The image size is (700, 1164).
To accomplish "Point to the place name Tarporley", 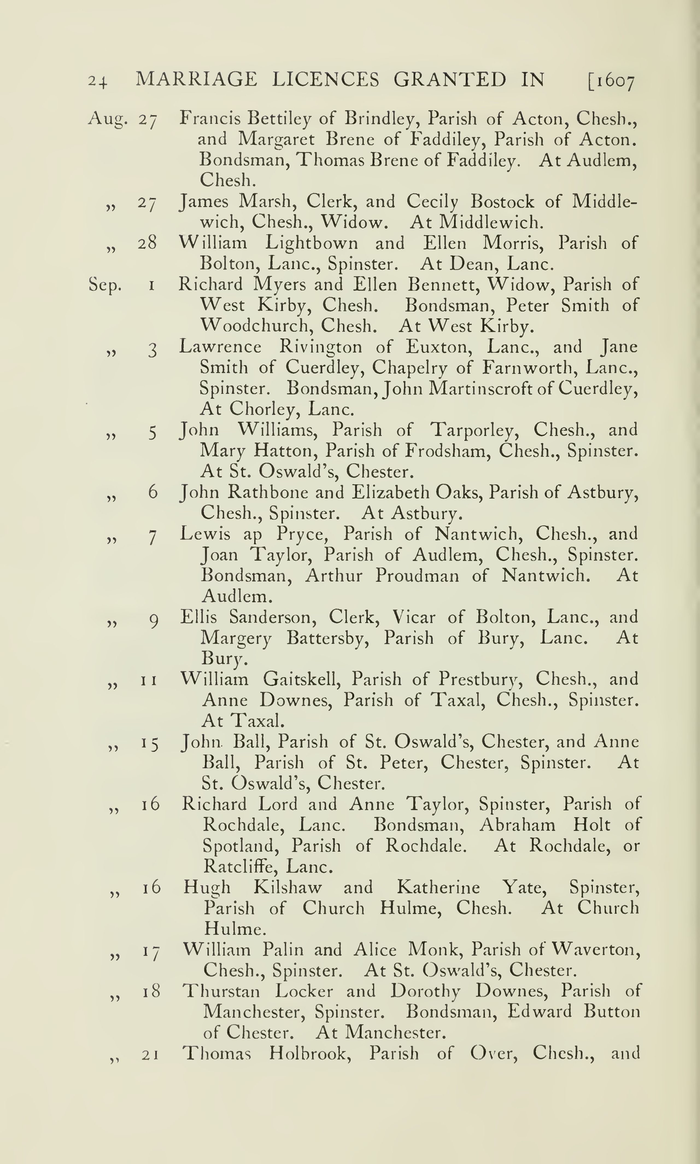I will (472, 430).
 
